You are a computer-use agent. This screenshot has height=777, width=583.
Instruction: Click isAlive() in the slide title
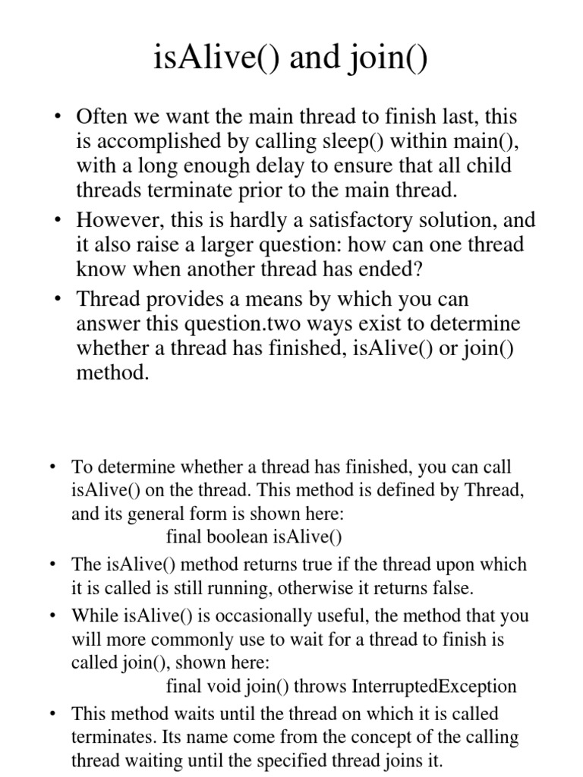coord(212,57)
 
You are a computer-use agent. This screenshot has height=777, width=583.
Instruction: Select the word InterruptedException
coord(434,687)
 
